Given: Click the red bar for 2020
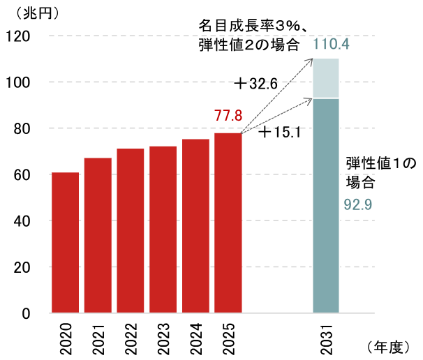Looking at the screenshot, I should pyautogui.click(x=65, y=242).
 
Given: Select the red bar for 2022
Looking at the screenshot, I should pyautogui.click(x=131, y=230).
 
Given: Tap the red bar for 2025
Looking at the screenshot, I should pyautogui.click(x=228, y=223).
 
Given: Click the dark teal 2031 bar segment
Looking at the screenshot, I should pyautogui.click(x=326, y=206).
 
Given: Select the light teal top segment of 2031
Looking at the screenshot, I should pyautogui.click(x=326, y=78).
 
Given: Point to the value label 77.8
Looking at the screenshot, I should pyautogui.click(x=228, y=115).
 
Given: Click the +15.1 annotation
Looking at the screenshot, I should pyautogui.click(x=279, y=132).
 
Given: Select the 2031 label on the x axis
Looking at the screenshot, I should pyautogui.click(x=327, y=337).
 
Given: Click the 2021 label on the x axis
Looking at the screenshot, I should pyautogui.click(x=98, y=337).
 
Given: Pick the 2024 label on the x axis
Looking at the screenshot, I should pyautogui.click(x=195, y=337).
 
